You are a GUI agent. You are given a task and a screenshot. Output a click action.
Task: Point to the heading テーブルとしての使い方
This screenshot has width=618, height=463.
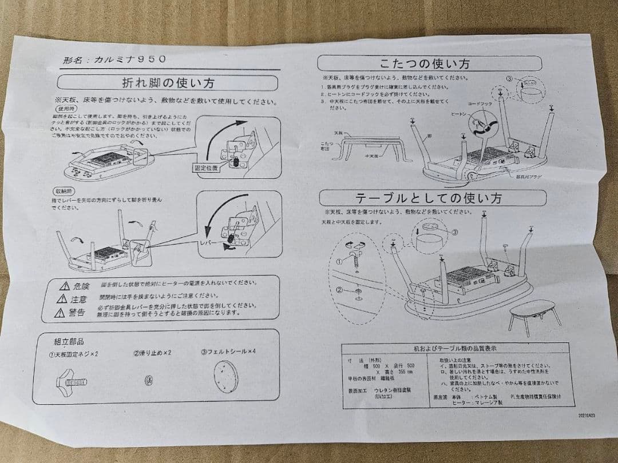tap(429, 198)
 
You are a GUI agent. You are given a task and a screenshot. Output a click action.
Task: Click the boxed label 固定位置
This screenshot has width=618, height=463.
tap(205, 169)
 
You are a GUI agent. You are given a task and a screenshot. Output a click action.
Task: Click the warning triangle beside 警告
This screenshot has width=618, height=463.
tap(61, 313)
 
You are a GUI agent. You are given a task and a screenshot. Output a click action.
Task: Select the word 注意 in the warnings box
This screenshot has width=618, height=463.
tap(79, 299)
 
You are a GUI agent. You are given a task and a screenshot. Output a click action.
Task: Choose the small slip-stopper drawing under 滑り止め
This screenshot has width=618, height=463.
tap(147, 380)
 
